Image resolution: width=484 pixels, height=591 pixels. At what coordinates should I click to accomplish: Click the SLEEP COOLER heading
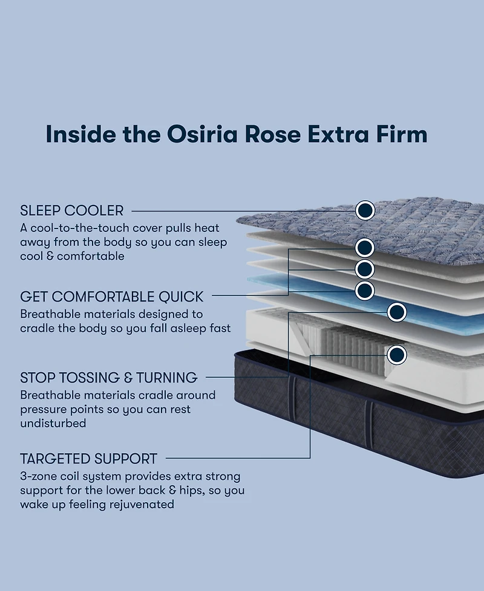click(72, 211)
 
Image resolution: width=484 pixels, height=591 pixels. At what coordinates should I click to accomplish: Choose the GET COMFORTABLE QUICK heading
click(112, 297)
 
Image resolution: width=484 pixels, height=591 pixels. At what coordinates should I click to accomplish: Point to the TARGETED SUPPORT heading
click(88, 459)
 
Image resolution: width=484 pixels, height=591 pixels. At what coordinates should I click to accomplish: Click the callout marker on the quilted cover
click(365, 210)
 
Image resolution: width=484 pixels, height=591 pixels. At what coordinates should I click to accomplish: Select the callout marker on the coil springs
click(397, 355)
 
